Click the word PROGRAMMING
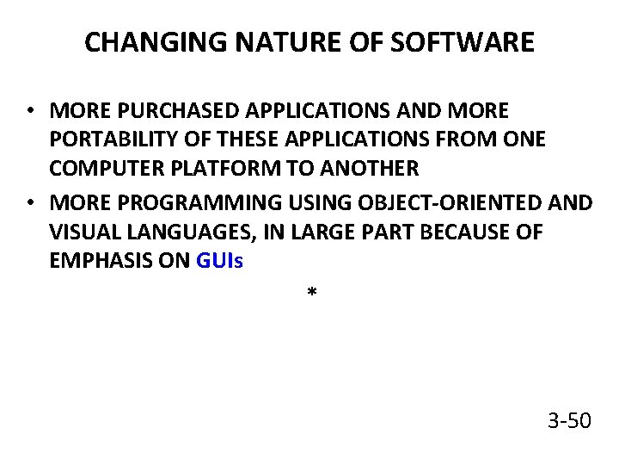[184, 204]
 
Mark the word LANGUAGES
[181, 232]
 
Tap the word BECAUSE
[468, 232]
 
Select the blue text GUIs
[220, 261]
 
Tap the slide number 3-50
[569, 421]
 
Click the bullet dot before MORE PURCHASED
[29, 112]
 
